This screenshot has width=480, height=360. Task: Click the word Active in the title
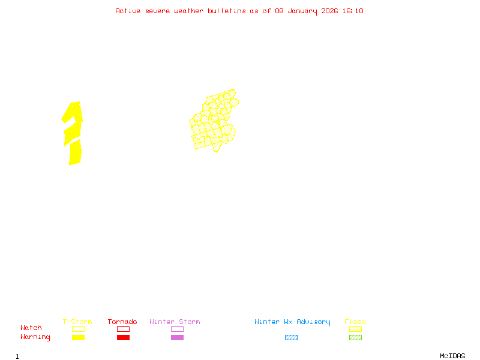pos(127,11)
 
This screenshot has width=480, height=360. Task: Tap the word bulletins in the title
pos(227,11)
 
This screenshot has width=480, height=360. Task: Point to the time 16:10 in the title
pos(353,11)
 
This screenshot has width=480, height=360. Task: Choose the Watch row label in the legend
pos(31,328)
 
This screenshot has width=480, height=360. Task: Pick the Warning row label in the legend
pos(35,337)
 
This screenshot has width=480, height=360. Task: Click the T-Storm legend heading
pos(77,322)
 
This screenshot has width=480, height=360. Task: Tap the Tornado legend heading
pos(122,322)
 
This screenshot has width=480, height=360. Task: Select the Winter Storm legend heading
pos(175,322)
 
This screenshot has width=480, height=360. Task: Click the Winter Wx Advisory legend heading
pos(292,322)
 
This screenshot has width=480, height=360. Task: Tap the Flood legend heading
pos(355,322)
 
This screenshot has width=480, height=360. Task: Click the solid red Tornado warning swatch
pos(123,337)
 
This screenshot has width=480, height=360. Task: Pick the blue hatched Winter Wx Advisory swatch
pos(291,337)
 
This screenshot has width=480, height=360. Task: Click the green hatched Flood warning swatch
pos(355,337)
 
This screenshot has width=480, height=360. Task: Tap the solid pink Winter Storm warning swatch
pos(177,337)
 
